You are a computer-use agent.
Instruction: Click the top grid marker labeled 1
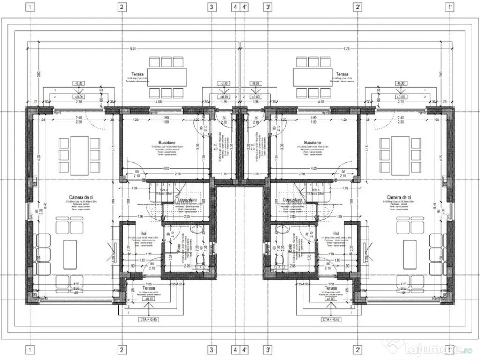(30, 7)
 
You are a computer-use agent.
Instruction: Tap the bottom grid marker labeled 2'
(358, 350)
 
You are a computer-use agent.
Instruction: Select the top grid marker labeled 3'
(268, 7)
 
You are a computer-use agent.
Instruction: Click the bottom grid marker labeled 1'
(450, 350)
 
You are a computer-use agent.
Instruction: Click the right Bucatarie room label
(312, 142)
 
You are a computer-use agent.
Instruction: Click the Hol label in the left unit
(143, 233)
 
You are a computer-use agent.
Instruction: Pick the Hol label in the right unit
(336, 233)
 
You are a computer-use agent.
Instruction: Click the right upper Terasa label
(342, 74)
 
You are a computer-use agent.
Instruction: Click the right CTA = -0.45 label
(331, 320)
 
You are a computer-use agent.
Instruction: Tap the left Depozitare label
(187, 200)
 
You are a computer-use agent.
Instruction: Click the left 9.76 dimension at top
(132, 49)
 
